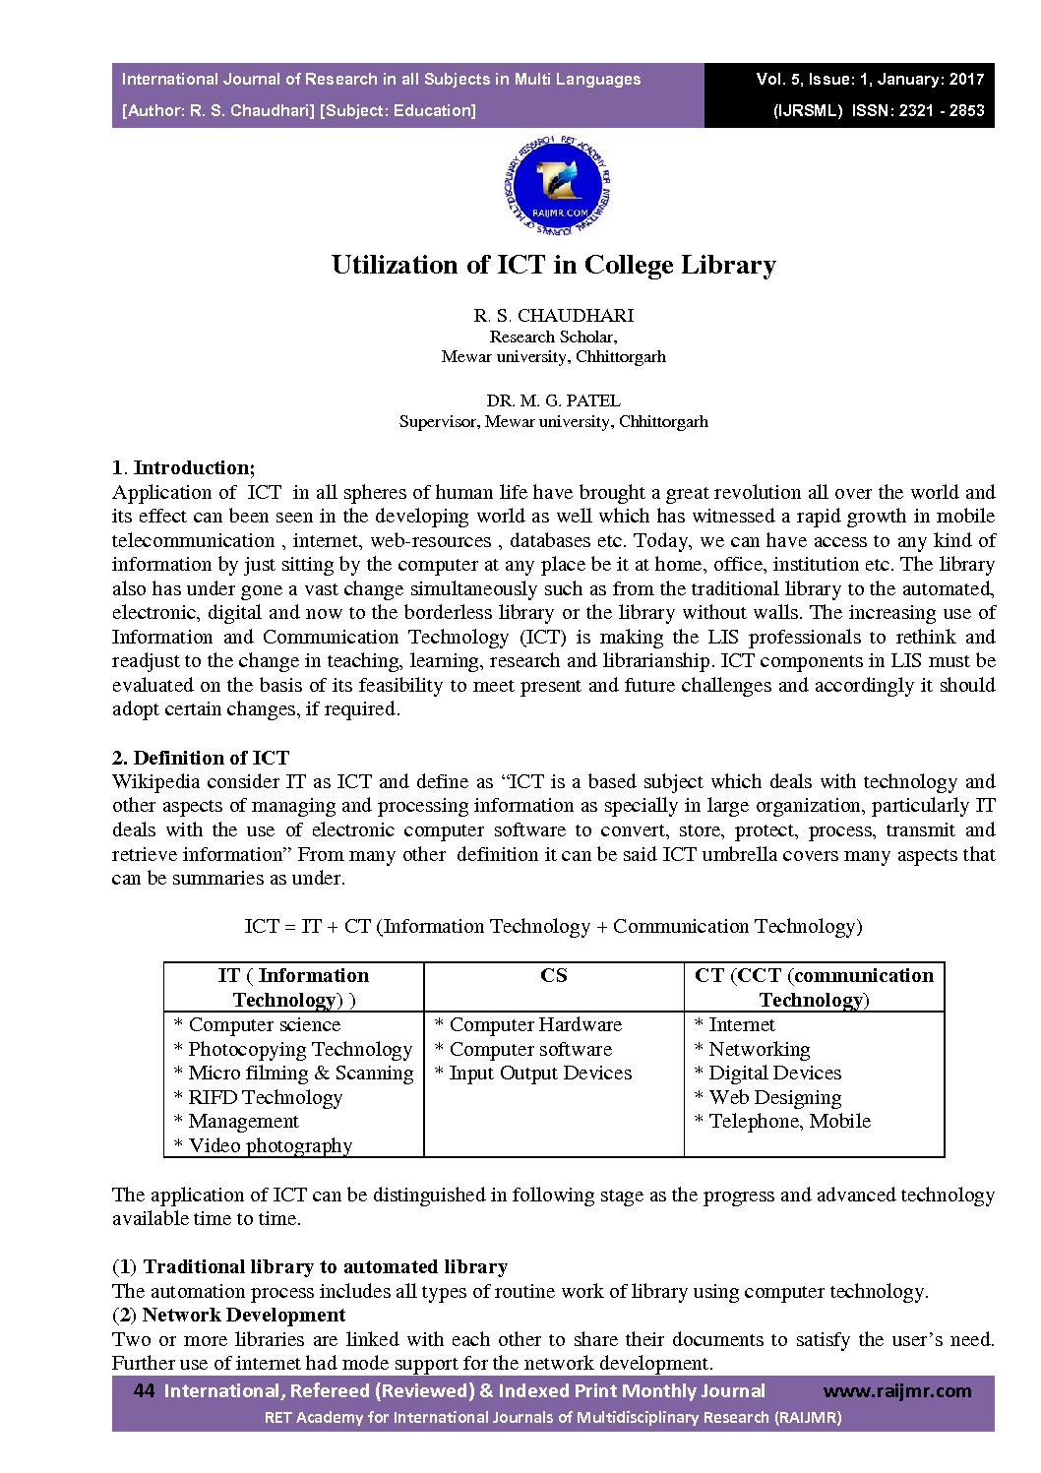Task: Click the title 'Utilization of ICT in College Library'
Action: tap(553, 265)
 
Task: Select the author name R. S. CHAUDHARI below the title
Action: tap(553, 316)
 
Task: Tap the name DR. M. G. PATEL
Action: tap(553, 400)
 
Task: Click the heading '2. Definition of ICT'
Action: tap(201, 758)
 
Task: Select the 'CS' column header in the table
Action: tap(553, 976)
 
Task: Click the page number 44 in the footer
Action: tap(144, 1390)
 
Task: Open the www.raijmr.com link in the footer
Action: tap(896, 1390)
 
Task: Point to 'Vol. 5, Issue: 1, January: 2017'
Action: tap(870, 80)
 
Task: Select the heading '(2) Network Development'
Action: tap(229, 1315)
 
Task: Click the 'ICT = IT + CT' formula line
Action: tap(553, 926)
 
